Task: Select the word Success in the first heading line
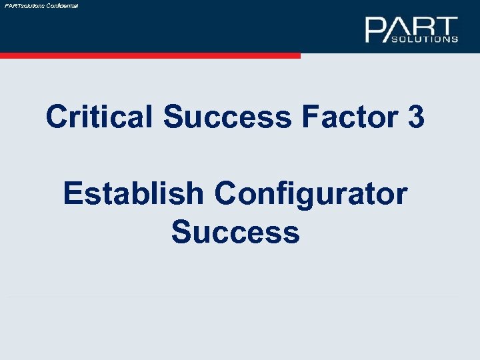[227, 118]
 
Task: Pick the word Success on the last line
[235, 232]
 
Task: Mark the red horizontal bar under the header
[150, 56]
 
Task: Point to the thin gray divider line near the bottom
[233, 297]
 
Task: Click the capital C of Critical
[57, 118]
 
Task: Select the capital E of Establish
[73, 194]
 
